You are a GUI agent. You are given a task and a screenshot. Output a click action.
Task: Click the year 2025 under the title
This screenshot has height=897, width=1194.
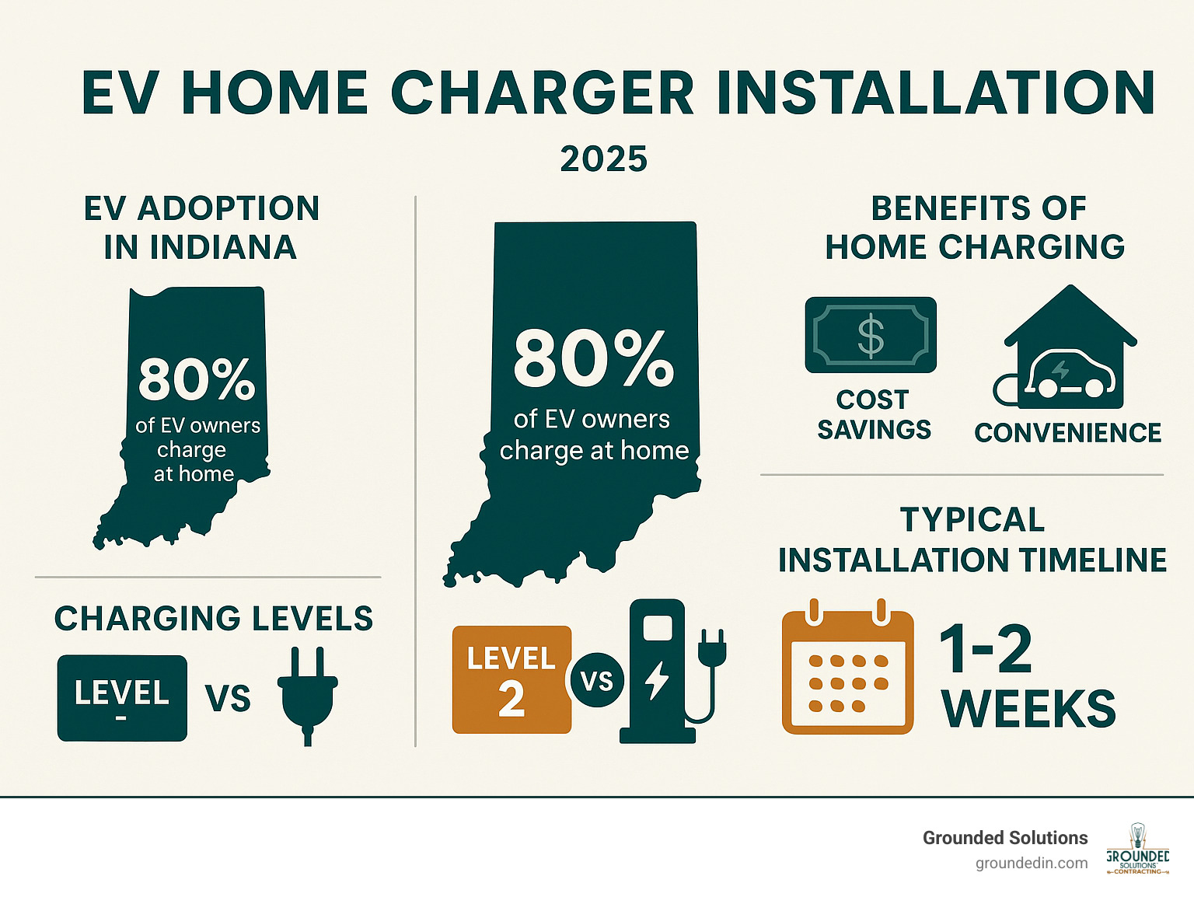coord(603,159)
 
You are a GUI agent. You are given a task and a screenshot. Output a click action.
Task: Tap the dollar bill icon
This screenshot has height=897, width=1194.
coord(871,335)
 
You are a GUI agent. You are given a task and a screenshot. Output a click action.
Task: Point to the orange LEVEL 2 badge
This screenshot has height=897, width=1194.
coord(511,679)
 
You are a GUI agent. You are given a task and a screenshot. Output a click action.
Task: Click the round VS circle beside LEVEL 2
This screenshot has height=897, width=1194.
coord(597,681)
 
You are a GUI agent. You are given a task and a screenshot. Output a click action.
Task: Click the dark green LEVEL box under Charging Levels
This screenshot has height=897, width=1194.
coord(122,697)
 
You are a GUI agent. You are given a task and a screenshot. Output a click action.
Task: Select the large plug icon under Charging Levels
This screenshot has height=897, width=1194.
coord(308,694)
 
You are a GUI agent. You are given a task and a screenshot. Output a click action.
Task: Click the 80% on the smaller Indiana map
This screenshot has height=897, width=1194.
coord(197,379)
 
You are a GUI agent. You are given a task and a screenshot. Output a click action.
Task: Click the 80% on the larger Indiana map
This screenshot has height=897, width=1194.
coord(593,358)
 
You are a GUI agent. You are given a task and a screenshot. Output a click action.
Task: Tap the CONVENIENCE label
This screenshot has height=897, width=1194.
coord(1067,433)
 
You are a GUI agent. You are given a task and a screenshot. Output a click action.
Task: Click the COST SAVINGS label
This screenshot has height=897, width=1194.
coord(874,414)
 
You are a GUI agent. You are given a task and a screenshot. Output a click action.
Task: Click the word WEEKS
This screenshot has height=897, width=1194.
coord(1028,709)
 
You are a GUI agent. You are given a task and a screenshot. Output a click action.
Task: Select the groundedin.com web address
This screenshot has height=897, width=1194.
coord(1032,863)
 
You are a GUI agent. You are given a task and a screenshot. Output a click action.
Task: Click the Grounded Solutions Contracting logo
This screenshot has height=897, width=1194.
coord(1137,850)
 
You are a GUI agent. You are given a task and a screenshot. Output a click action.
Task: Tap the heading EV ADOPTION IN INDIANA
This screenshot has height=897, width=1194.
coord(201,228)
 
